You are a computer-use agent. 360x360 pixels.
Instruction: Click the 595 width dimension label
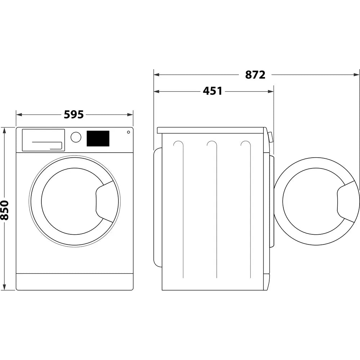74,114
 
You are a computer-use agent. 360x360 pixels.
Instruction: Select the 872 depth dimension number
255,75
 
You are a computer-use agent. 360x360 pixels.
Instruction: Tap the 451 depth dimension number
212,91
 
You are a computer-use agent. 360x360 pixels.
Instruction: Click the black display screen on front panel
98,138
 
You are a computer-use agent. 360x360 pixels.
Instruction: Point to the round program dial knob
76,137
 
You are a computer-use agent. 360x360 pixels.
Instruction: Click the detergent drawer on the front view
43,140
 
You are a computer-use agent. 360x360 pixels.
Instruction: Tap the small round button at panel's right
128,132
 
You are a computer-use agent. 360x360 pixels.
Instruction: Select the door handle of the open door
346,201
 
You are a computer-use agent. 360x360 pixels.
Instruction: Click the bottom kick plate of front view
75,282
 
